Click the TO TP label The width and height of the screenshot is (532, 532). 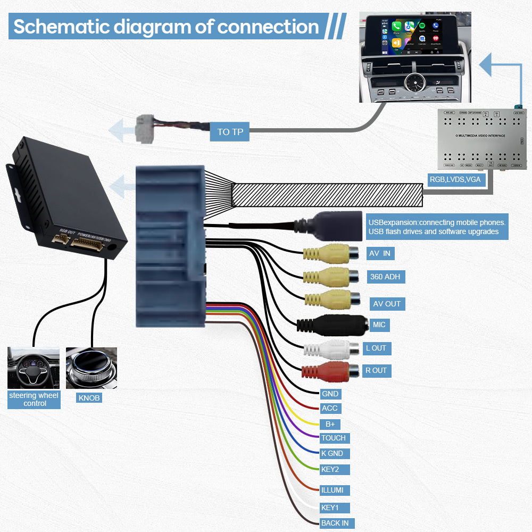pos(230,131)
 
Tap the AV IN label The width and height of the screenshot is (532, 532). pos(380,253)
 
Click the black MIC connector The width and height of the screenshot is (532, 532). pos(332,325)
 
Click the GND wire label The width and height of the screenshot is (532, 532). pos(330,394)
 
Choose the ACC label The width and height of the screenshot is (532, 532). pos(329,409)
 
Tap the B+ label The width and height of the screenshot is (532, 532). pos(330,424)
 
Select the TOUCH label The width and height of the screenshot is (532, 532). pos(334,438)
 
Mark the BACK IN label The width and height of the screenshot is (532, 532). pos(335,523)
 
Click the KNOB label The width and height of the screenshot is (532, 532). pos(89,398)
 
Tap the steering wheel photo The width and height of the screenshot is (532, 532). pos(33,368)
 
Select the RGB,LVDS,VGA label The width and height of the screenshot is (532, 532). pos(455,179)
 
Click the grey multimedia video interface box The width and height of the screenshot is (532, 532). pos(481,140)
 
